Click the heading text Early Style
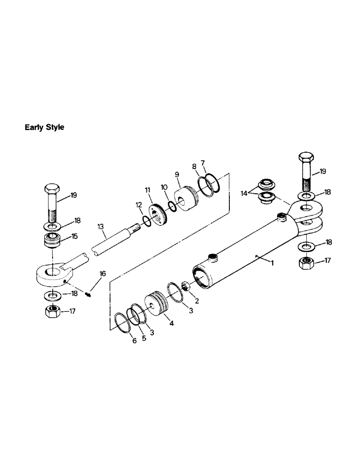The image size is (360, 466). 44,127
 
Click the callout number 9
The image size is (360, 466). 177,175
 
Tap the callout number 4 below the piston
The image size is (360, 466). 172,322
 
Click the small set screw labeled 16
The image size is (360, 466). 90,293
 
